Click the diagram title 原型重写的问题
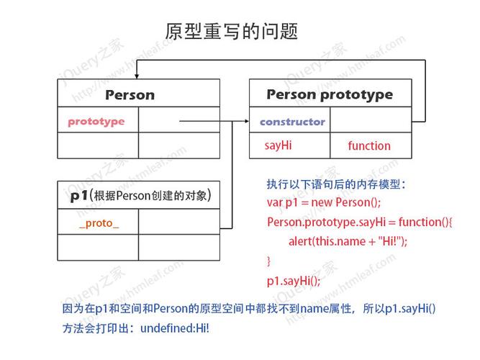[232, 31]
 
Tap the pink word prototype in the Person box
[96, 122]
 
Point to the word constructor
[292, 122]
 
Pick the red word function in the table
[369, 145]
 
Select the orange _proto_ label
[99, 223]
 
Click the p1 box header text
[140, 195]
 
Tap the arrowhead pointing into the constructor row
[247, 121]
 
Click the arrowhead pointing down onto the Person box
[137, 76]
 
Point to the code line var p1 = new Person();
[324, 202]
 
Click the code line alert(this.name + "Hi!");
[348, 241]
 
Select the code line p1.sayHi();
[294, 281]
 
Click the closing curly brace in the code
[268, 261]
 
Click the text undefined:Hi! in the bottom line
[175, 328]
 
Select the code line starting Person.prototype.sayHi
[360, 222]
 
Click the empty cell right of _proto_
[179, 222]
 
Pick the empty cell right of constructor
[371, 120]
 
